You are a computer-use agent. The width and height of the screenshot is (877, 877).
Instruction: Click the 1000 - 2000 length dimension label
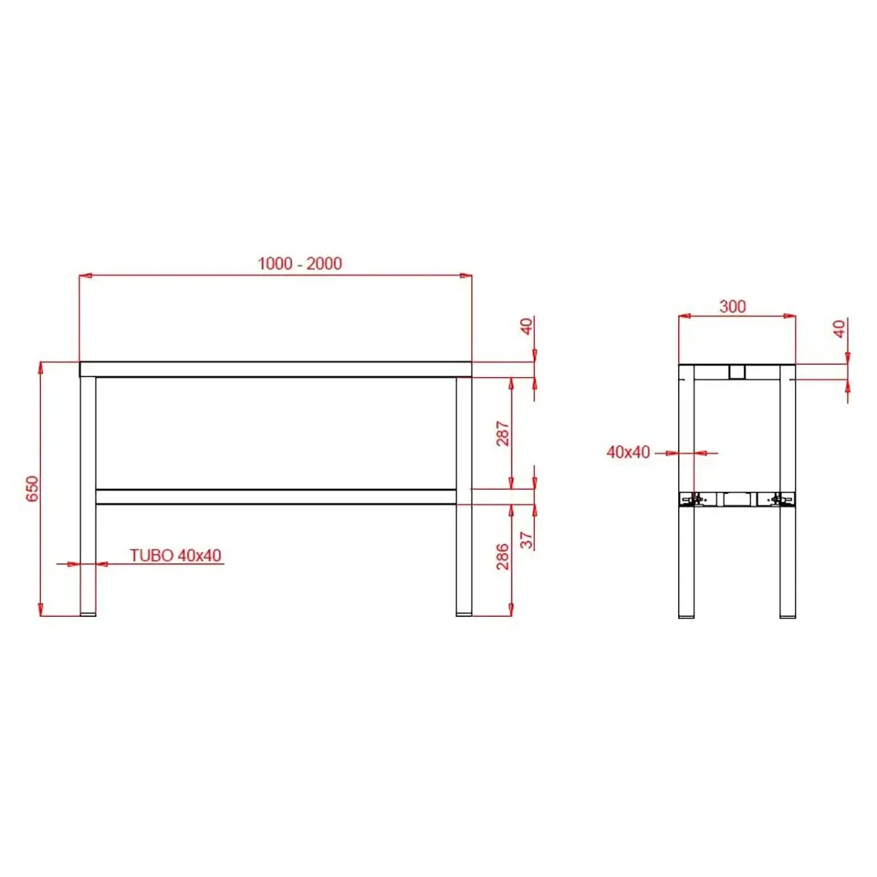pyautogui.click(x=300, y=264)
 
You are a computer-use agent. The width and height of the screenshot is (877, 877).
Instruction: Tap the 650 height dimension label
pyautogui.click(x=32, y=489)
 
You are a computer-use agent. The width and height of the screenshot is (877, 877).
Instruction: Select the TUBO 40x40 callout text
pyautogui.click(x=175, y=555)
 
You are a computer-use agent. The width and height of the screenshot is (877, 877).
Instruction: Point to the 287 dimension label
pyautogui.click(x=503, y=434)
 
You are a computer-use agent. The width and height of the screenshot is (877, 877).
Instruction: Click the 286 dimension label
pyautogui.click(x=503, y=557)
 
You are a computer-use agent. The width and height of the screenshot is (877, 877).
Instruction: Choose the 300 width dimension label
pyautogui.click(x=732, y=306)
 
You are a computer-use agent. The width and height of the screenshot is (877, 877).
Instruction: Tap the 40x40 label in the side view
pyautogui.click(x=628, y=452)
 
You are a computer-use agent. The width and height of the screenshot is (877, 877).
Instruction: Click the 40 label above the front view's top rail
pyautogui.click(x=528, y=327)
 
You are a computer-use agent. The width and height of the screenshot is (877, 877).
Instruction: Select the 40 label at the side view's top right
pyautogui.click(x=840, y=328)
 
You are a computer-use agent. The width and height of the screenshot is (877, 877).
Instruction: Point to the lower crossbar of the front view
pyautogui.click(x=276, y=497)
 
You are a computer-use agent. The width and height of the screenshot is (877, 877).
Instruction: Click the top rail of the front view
pyautogui.click(x=276, y=369)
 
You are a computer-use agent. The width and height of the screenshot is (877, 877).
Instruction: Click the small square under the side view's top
pyautogui.click(x=737, y=373)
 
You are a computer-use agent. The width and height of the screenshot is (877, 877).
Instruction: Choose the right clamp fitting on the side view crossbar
pyautogui.click(x=781, y=500)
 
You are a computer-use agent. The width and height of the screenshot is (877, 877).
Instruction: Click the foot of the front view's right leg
pyautogui.click(x=463, y=614)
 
